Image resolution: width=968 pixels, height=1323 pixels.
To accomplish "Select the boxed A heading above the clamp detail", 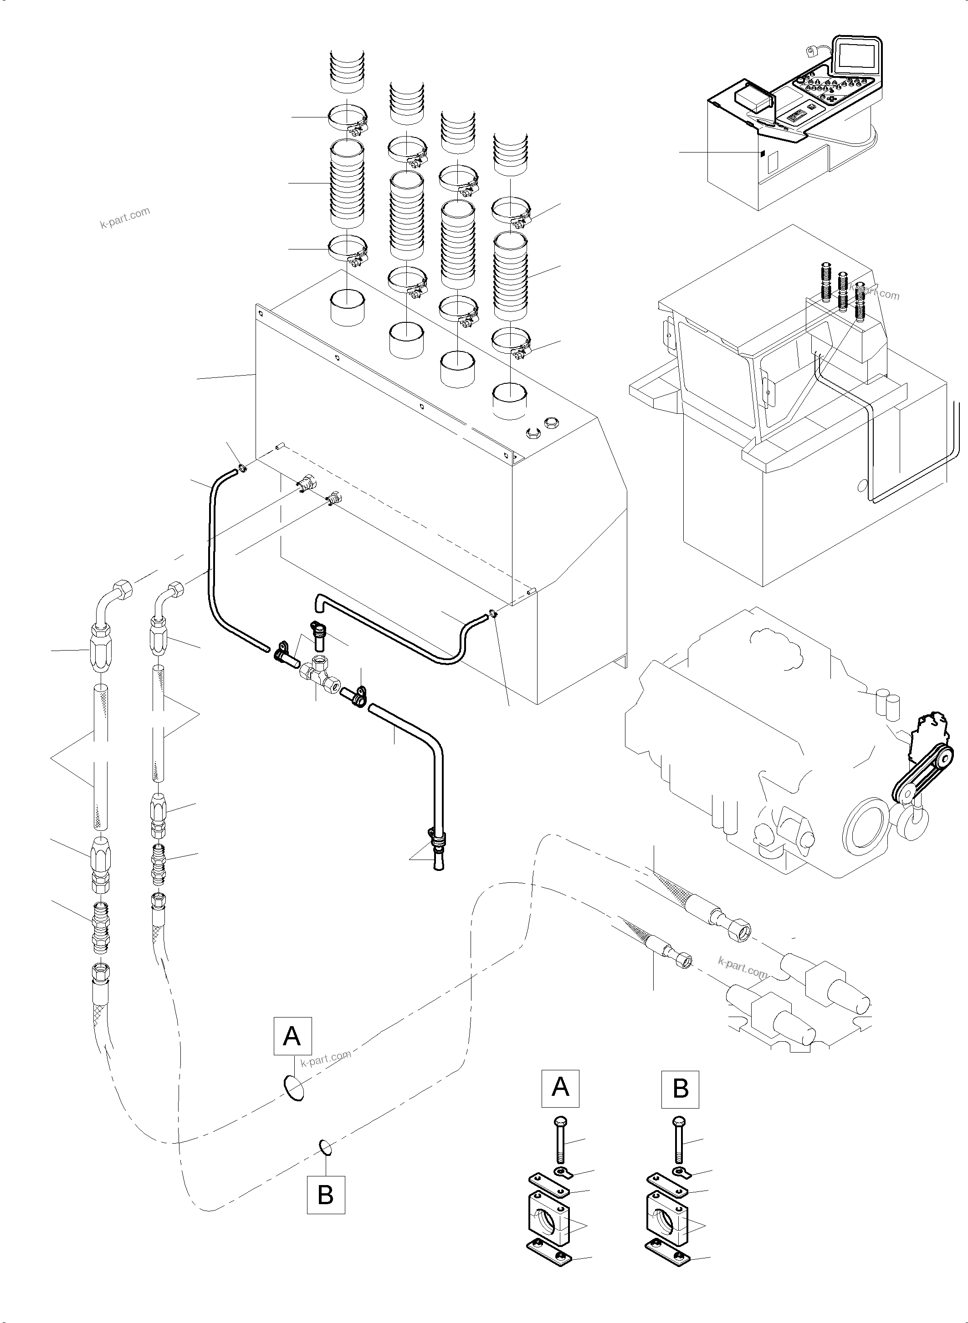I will click(560, 1088).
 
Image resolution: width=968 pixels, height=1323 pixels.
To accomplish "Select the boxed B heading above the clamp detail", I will click(680, 1088).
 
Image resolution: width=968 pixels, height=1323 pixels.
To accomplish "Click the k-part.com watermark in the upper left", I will click(125, 219).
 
